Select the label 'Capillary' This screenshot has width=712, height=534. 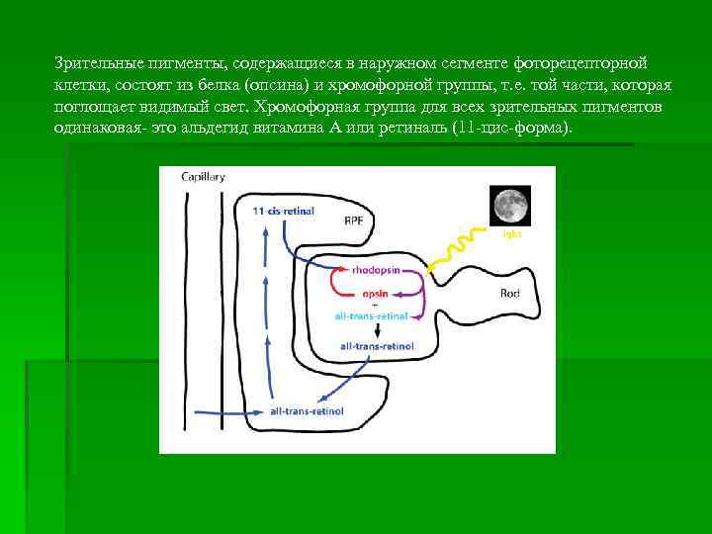(x=203, y=177)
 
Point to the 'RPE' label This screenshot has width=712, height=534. (x=353, y=221)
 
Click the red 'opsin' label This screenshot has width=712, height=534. (x=375, y=293)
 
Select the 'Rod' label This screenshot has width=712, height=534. (x=510, y=293)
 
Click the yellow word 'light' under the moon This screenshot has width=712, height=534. (x=510, y=234)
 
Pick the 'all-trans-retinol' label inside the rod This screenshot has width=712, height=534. (x=377, y=347)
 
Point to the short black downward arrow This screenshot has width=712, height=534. (x=376, y=330)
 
